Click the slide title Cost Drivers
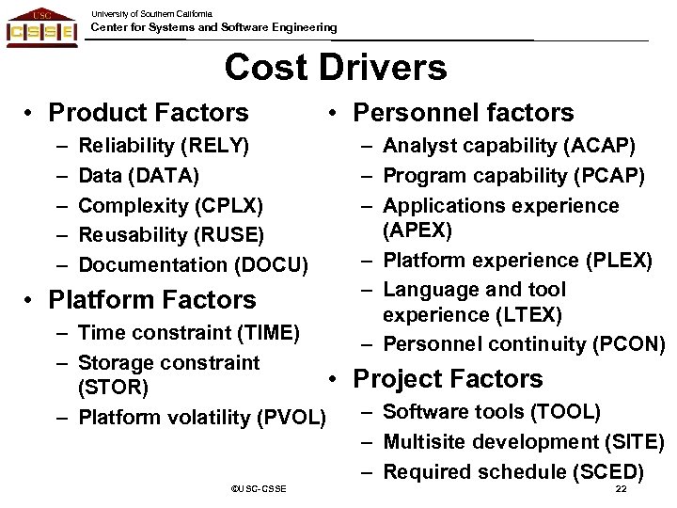point(336,68)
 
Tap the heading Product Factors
point(149,114)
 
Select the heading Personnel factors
point(461,114)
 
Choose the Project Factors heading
point(448,378)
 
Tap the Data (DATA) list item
point(139,175)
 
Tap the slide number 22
point(620,490)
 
